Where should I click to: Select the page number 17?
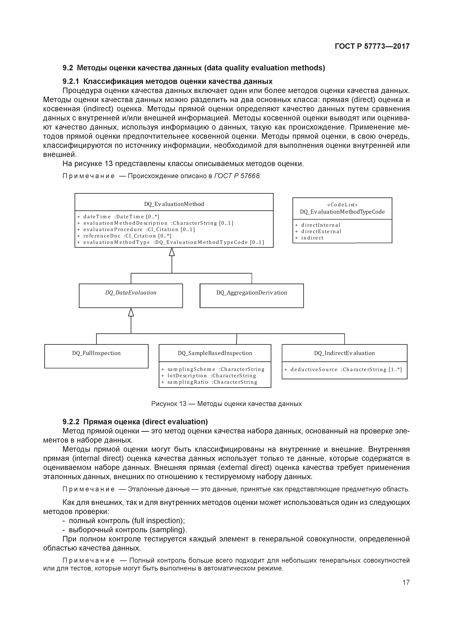pos(406,582)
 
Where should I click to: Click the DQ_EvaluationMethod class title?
pos(174,204)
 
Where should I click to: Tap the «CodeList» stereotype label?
pos(342,205)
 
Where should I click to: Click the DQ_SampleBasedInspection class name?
pos(215,353)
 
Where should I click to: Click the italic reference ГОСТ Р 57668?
pos(237,176)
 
